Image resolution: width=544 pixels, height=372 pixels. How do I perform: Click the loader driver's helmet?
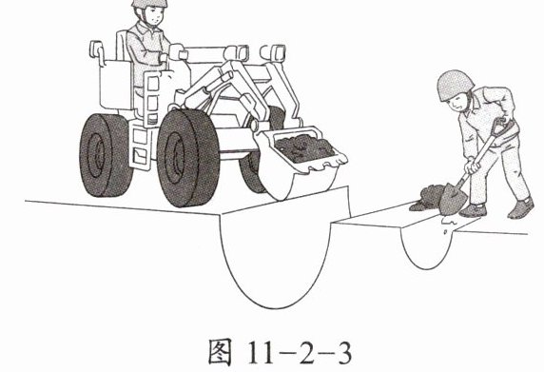(149, 4)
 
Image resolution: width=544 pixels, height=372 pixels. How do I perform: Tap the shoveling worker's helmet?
(456, 85)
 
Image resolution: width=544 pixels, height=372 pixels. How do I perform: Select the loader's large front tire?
(188, 157)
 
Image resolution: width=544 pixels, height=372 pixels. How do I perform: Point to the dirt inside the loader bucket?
(304, 148)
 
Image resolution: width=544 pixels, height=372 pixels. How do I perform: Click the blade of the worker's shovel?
(454, 200)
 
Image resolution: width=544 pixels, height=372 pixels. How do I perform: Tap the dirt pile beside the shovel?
(427, 199)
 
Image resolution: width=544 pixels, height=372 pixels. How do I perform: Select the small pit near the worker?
(427, 248)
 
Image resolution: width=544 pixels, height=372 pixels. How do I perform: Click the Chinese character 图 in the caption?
(220, 352)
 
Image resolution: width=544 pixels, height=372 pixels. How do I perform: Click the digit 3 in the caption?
(343, 353)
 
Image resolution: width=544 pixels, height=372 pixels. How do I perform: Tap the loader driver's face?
(152, 15)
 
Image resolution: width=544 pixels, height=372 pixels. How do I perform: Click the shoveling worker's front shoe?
(473, 210)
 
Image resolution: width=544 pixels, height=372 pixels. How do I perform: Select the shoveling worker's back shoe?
(520, 207)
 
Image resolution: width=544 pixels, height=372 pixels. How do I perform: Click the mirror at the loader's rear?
(96, 49)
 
